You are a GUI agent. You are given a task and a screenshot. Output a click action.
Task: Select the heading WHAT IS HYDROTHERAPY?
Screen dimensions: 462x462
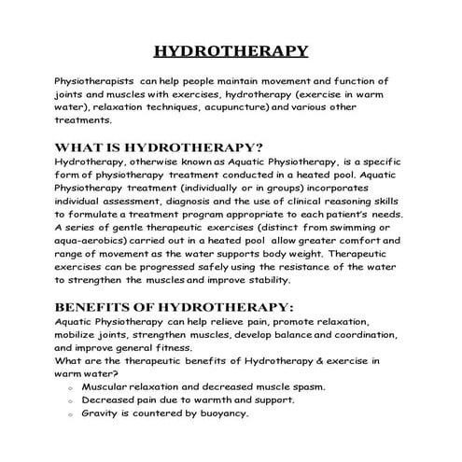coord(159,147)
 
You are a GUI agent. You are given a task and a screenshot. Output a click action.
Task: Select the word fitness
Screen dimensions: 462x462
coord(178,346)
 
